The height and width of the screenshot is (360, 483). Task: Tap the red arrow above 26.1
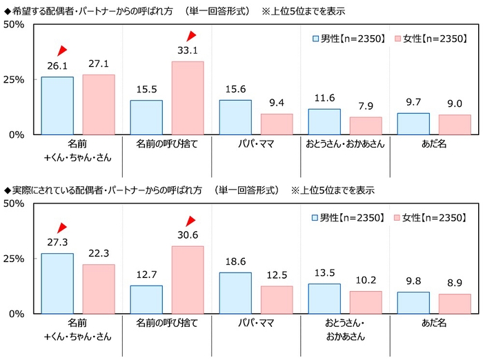[61, 50]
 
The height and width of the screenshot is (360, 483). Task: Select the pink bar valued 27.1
[99, 105]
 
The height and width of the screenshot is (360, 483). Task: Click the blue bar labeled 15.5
[146, 117]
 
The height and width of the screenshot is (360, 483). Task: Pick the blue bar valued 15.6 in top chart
[235, 117]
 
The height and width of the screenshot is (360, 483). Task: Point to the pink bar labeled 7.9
[366, 126]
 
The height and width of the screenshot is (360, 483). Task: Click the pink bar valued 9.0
[455, 125]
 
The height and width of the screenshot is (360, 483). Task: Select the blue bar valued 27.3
[57, 283]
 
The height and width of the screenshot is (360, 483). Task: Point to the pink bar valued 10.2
[366, 302]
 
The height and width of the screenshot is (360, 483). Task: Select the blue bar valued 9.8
[413, 303]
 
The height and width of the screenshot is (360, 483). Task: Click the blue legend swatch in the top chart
[316, 39]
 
